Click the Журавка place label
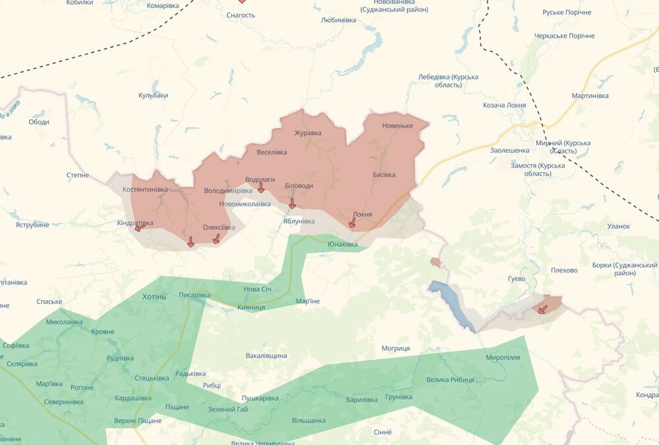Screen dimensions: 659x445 pyautogui.click(x=308, y=132)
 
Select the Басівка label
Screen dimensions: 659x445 pyautogui.click(x=384, y=174)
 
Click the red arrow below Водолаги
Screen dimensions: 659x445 pyautogui.click(x=261, y=188)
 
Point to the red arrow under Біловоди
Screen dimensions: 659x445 pyautogui.click(x=293, y=203)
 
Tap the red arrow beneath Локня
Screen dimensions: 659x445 pyautogui.click(x=353, y=223)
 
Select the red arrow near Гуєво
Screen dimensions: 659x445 pyautogui.click(x=542, y=309)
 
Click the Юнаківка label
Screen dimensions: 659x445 pyautogui.click(x=343, y=244)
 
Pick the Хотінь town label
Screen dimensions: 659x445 pyautogui.click(x=155, y=297)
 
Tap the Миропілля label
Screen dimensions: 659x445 pyautogui.click(x=503, y=357)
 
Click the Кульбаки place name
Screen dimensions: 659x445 pyautogui.click(x=153, y=95)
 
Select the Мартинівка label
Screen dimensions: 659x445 pyautogui.click(x=590, y=96)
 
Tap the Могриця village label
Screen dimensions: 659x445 pyautogui.click(x=395, y=348)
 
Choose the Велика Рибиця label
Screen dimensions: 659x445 pyautogui.click(x=450, y=380)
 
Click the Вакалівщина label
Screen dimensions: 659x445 pyautogui.click(x=266, y=355)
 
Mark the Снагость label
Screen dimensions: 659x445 pyautogui.click(x=241, y=14)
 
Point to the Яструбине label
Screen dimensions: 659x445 pyautogui.click(x=32, y=225)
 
